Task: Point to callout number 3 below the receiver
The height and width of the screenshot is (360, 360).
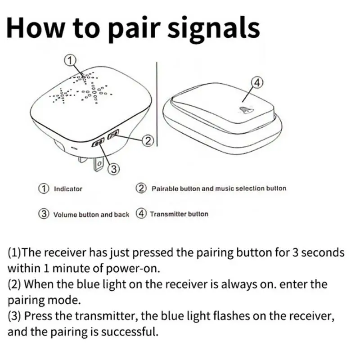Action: point(114,169)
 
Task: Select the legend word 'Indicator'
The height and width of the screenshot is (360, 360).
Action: point(68,189)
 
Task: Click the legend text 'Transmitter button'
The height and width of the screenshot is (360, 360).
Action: point(179,214)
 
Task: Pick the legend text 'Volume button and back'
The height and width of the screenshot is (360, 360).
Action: point(91,215)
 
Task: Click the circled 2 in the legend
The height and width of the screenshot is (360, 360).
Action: point(142,189)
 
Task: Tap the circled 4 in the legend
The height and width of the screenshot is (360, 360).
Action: point(142,214)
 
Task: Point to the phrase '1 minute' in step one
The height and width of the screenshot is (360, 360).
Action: point(60,268)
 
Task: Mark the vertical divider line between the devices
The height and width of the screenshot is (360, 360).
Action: point(155,108)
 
